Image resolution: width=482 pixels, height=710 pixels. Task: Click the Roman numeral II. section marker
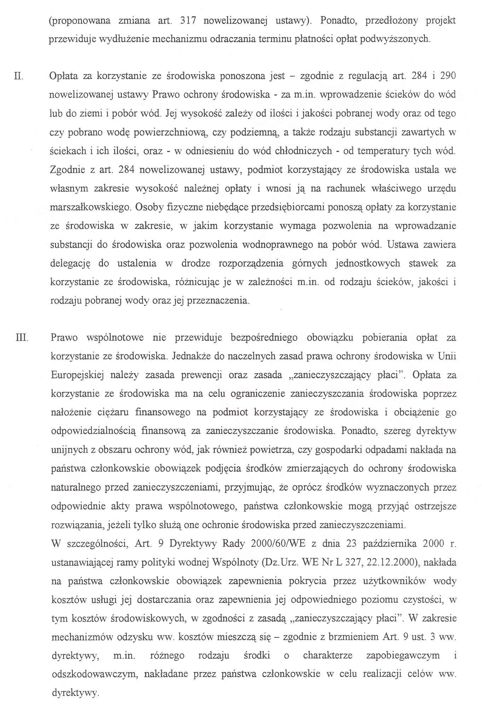point(19,76)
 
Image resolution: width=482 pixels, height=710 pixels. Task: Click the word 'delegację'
point(71,263)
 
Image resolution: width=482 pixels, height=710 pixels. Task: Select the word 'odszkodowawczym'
point(90,674)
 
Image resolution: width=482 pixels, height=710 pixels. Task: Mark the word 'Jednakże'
point(191,356)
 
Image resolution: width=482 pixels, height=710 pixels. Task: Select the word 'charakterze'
point(327,656)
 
